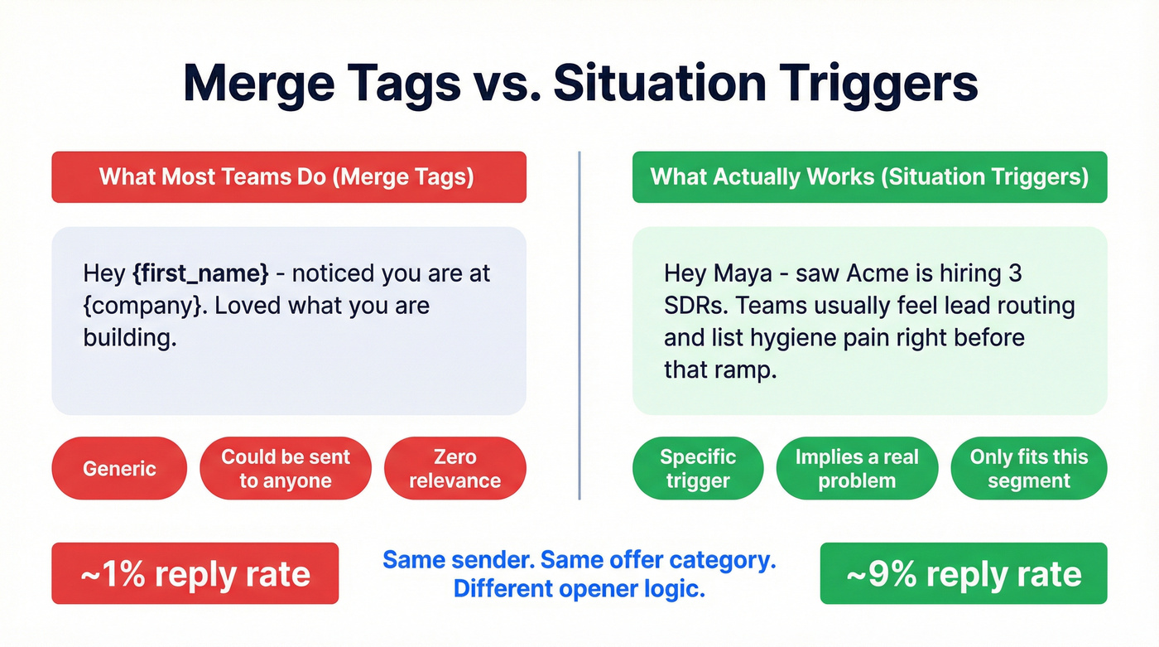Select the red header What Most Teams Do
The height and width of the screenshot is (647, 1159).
click(x=288, y=177)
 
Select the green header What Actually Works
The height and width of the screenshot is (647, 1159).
click(x=869, y=177)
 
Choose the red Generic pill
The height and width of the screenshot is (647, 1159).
click(x=119, y=469)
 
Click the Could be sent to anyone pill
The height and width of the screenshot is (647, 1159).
click(x=286, y=469)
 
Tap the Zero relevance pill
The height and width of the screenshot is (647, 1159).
click(x=454, y=469)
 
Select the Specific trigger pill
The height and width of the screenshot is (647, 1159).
click(x=698, y=469)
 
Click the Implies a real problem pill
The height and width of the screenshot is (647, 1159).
click(x=857, y=469)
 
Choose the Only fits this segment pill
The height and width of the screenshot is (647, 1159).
click(x=1028, y=469)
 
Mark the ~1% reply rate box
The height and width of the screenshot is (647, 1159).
click(x=195, y=573)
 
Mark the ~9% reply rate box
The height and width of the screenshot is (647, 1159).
click(x=963, y=573)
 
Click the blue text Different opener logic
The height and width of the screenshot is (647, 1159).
click(x=579, y=590)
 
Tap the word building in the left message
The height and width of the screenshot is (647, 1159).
click(x=129, y=338)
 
